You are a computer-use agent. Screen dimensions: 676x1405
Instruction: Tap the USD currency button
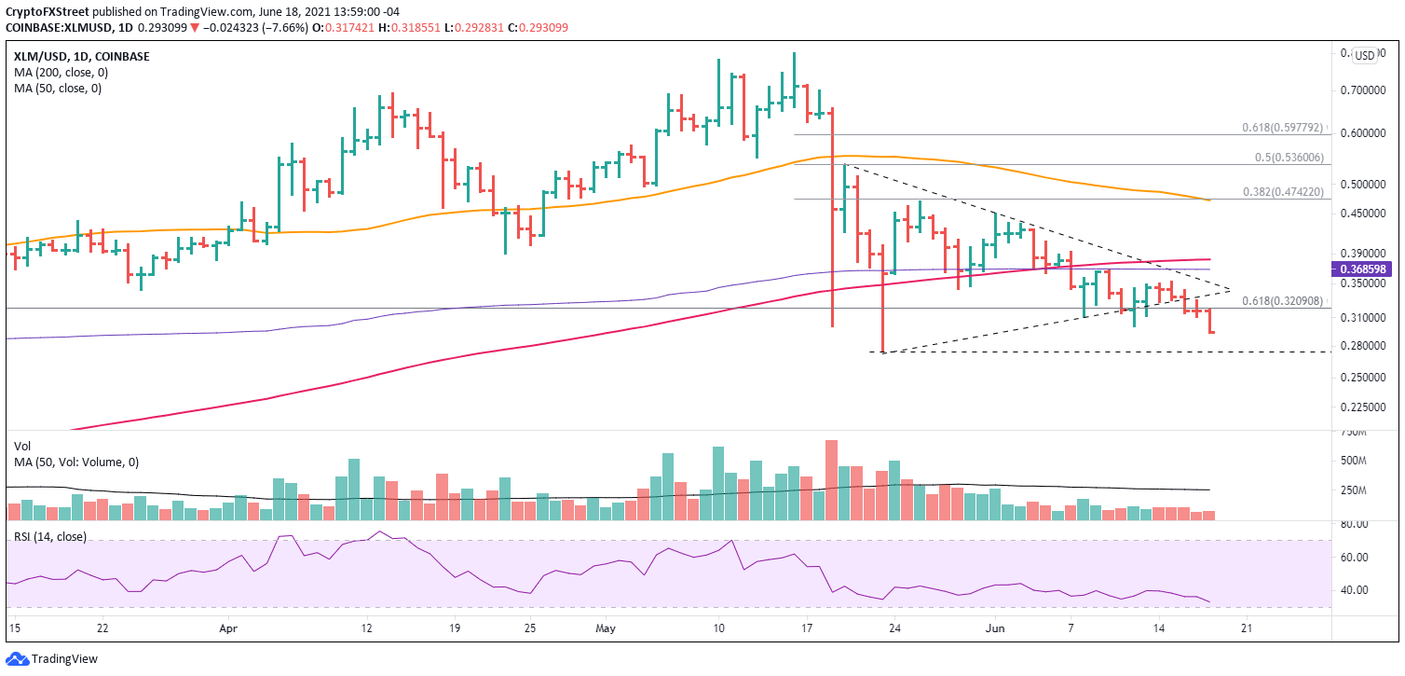[1364, 55]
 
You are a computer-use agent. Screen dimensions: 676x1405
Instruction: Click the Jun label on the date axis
[995, 630]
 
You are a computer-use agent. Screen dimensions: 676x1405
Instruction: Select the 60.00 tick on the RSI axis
[1353, 557]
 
